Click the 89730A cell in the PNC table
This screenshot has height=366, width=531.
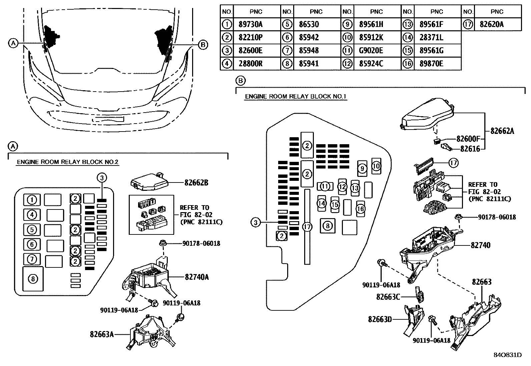(x=250, y=24)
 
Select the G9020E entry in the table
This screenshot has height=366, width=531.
(x=371, y=51)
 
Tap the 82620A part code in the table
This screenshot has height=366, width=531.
(x=492, y=24)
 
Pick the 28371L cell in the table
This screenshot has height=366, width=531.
(x=432, y=38)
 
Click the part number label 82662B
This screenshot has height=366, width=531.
(x=196, y=183)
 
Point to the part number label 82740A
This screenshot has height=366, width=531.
(x=197, y=277)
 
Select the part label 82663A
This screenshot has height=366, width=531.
(x=102, y=334)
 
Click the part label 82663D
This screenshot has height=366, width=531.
(x=380, y=319)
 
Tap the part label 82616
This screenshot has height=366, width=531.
(x=470, y=149)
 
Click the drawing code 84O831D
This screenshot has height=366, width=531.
(x=507, y=355)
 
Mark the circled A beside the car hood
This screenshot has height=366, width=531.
(x=13, y=43)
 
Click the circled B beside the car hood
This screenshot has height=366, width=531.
(x=203, y=44)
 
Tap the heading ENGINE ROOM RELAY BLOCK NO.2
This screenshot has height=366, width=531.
(x=68, y=162)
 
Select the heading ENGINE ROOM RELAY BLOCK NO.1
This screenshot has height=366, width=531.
(x=296, y=97)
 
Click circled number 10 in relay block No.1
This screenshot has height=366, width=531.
(x=376, y=166)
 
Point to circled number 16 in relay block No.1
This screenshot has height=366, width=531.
(x=361, y=209)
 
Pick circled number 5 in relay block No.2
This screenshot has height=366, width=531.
(x=32, y=230)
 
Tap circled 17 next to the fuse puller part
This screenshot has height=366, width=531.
(x=453, y=163)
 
